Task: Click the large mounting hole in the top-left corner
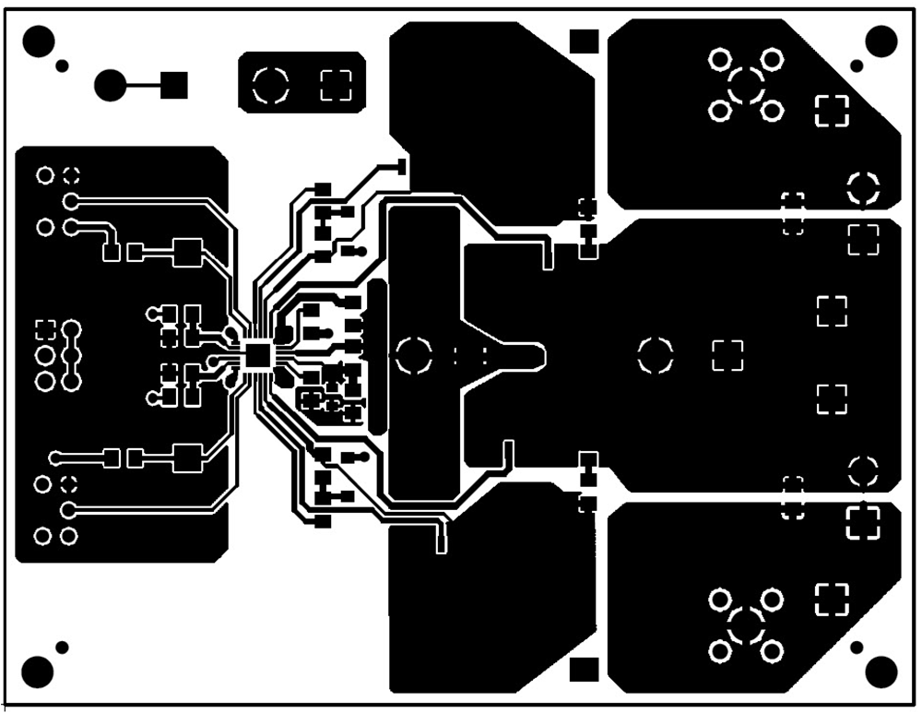coord(40,41)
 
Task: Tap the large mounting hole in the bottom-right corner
coord(882,671)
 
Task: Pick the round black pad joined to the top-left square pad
coord(110,86)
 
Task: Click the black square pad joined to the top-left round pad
coord(174,86)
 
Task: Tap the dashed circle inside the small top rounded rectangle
coord(271,86)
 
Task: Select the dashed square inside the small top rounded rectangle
coord(336,86)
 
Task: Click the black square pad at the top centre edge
coord(585,41)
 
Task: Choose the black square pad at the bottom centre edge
coord(585,670)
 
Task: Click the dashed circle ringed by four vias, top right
coord(746,86)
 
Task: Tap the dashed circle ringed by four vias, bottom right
coord(746,626)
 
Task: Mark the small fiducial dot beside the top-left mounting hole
coord(63,65)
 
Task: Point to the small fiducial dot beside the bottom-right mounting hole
coord(857,647)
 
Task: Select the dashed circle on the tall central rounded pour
coord(413,355)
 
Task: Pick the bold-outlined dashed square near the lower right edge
coord(864,522)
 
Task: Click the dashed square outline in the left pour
coord(45,328)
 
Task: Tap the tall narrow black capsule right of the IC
coord(377,358)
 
